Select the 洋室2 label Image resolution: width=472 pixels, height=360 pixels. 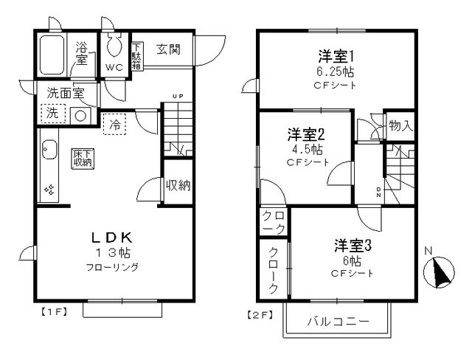(x=307, y=134)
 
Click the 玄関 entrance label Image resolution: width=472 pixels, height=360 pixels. (x=169, y=49)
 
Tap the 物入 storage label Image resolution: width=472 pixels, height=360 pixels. (x=400, y=126)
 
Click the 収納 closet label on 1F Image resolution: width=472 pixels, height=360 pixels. (x=178, y=185)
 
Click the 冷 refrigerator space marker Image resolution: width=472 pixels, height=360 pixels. (x=115, y=125)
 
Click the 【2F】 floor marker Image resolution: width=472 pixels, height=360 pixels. (x=258, y=314)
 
